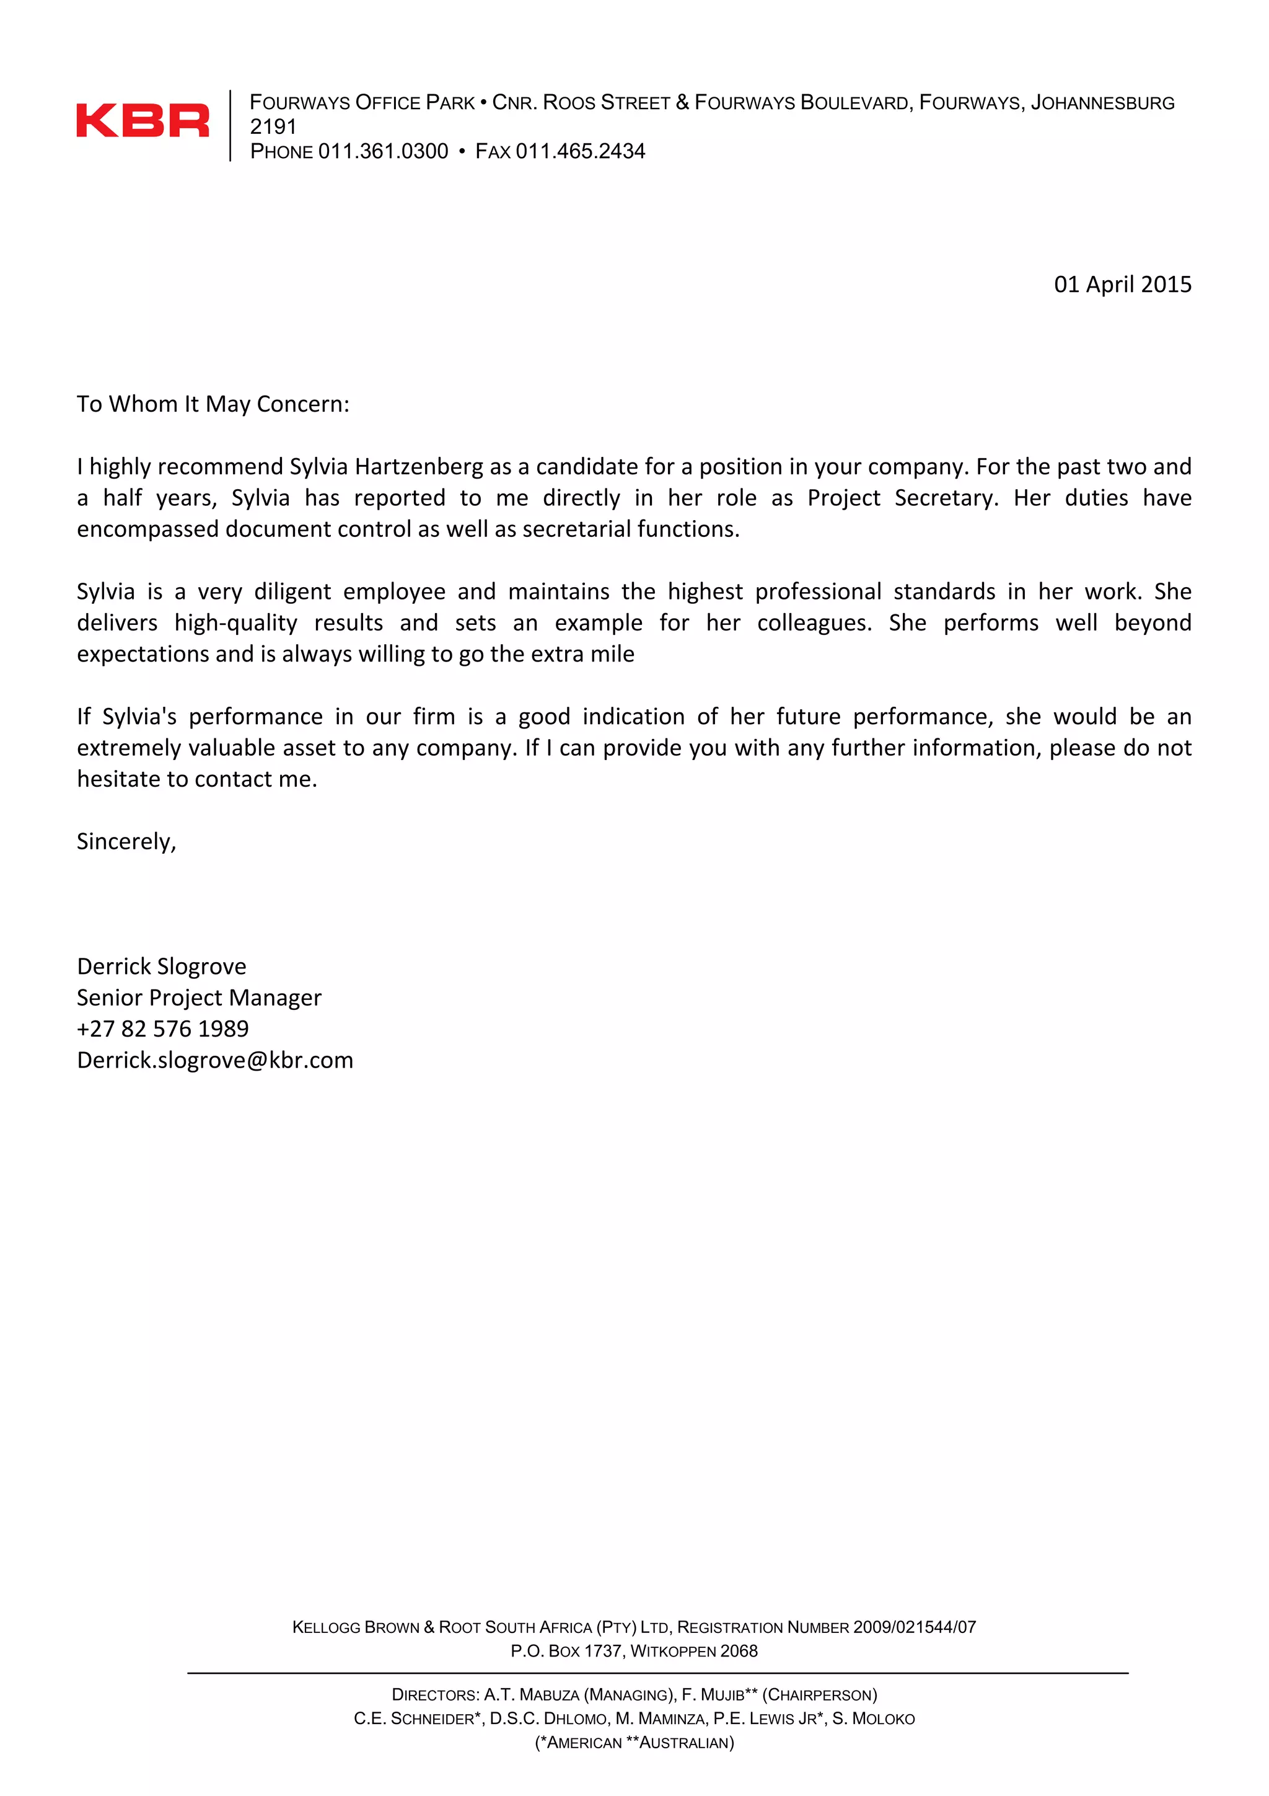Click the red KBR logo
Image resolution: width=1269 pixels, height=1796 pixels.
point(143,120)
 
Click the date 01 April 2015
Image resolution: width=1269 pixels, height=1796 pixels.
point(1122,284)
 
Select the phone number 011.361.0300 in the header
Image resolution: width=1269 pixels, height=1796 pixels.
point(383,151)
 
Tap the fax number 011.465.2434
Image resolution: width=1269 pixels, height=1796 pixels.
point(580,151)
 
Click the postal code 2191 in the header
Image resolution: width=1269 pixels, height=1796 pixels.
point(273,126)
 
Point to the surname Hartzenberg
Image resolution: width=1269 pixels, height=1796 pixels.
point(418,467)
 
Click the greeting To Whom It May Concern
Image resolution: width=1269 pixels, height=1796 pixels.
point(213,404)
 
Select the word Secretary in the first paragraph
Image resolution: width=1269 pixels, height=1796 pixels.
point(946,498)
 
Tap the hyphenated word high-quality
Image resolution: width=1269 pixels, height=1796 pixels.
point(235,624)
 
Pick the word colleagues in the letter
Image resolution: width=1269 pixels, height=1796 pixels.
point(814,624)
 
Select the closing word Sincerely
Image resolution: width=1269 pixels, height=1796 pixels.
point(126,842)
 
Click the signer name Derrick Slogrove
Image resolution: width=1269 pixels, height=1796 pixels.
point(161,967)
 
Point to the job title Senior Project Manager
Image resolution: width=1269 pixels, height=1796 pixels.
point(199,998)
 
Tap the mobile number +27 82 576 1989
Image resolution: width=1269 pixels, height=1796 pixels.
point(162,1029)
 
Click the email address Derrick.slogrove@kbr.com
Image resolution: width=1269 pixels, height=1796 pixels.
point(215,1061)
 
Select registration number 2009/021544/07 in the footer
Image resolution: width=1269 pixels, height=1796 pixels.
point(914,1627)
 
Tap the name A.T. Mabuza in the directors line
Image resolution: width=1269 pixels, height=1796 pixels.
point(532,1695)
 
